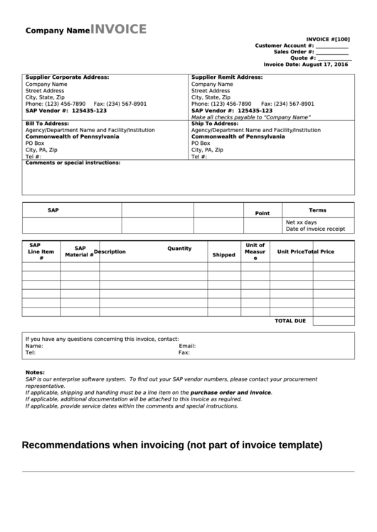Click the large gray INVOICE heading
119,29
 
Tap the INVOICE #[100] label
327,39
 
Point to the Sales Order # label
294,52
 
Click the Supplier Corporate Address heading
67,77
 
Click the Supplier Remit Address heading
227,77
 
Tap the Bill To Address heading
47,124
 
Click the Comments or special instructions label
73,163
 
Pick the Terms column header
317,210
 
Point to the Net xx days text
301,222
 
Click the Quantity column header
179,249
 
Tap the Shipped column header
223,254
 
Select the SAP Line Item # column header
41,251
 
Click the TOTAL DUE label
290,321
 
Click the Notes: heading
35,373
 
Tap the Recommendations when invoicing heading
172,446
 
